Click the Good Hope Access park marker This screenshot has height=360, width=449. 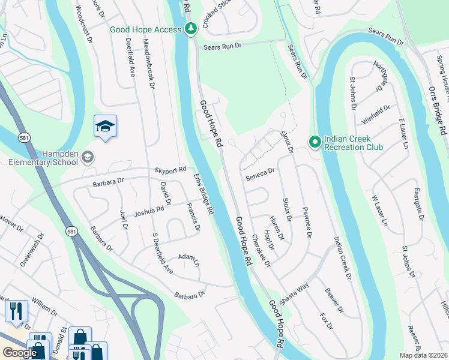190,29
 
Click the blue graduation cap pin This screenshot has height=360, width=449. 105,126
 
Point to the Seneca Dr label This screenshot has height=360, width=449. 260,171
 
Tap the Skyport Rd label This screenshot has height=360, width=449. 170,170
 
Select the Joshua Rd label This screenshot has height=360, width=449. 149,211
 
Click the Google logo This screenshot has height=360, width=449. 20,353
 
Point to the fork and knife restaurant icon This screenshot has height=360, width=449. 16,310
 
